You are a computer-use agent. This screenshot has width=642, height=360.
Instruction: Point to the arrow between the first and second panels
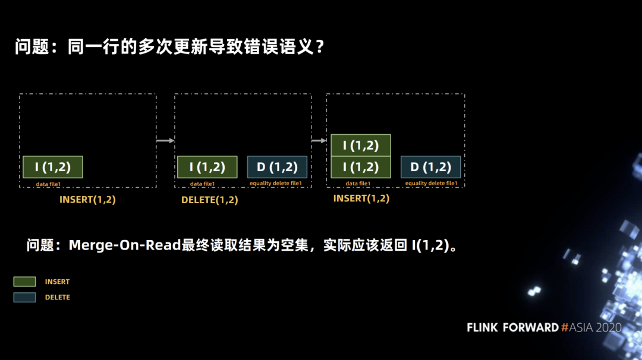165,141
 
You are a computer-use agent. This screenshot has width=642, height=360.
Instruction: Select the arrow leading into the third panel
319,141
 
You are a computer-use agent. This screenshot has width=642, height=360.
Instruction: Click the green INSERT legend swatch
24,282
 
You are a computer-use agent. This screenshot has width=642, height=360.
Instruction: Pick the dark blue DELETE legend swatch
24,297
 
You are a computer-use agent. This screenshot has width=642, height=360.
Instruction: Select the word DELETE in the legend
57,298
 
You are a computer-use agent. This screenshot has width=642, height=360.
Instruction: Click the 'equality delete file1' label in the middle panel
276,184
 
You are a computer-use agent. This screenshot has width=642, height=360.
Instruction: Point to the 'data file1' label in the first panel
48,184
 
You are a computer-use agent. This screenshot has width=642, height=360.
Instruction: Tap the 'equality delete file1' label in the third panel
431,184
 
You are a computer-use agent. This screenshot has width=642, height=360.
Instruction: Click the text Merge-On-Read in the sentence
125,245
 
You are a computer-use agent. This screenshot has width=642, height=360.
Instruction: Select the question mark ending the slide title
320,47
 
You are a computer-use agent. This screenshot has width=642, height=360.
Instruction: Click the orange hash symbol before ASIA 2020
565,327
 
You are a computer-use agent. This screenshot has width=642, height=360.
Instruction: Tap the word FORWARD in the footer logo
531,327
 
